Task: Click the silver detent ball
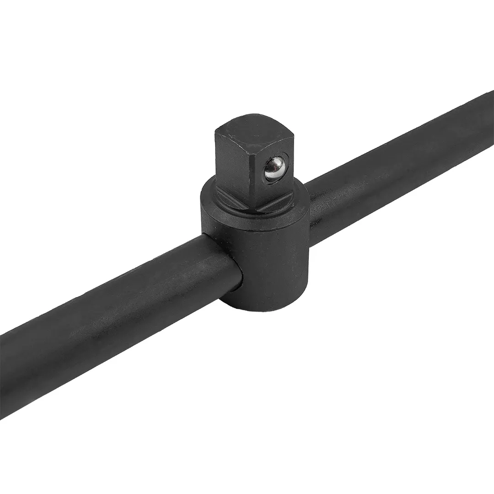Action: (274, 168)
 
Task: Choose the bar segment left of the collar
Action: (114, 316)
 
